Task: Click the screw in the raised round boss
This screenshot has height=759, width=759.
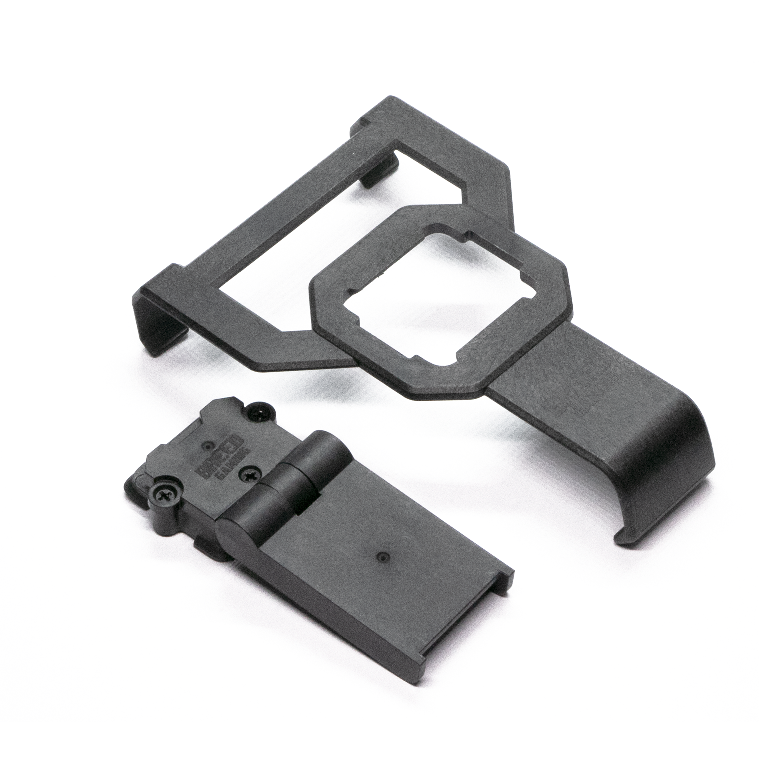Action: (x=165, y=493)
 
